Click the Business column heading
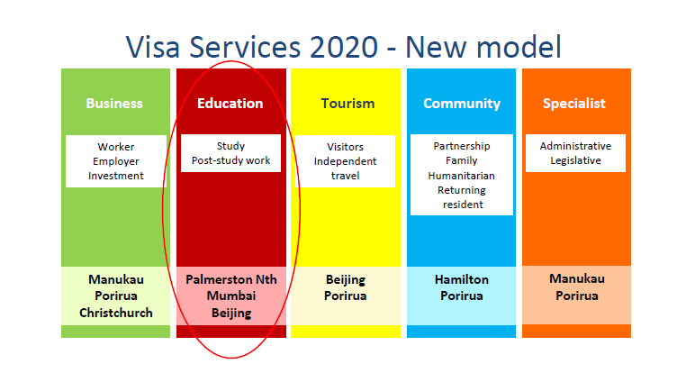(114, 104)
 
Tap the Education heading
(230, 104)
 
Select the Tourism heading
(348, 104)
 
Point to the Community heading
(462, 104)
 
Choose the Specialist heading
(574, 104)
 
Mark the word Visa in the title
(153, 47)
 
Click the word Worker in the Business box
(116, 147)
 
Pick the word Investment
(116, 176)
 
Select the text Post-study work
(231, 160)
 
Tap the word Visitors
(345, 147)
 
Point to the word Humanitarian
(462, 176)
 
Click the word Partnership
(462, 146)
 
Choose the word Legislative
(576, 160)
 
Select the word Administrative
(576, 146)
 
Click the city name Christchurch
(116, 313)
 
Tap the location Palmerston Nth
(231, 279)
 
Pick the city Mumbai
(231, 296)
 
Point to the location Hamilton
(462, 279)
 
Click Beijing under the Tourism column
(346, 280)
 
